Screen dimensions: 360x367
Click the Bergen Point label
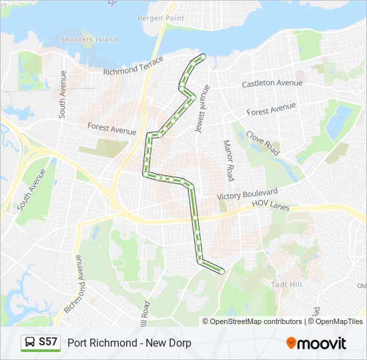[x=160, y=17]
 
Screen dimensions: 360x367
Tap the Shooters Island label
[x=89, y=39]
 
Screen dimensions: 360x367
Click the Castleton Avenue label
[x=272, y=83]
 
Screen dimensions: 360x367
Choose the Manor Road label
[x=228, y=160]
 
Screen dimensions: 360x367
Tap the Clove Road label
[x=262, y=141]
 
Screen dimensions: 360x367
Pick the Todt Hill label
[x=288, y=284]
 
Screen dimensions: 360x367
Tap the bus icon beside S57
[x=31, y=343]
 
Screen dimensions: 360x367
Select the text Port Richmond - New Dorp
[x=129, y=343]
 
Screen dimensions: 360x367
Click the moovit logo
[x=316, y=343]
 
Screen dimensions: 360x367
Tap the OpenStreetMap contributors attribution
[x=256, y=321]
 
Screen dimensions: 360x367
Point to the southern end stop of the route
[x=221, y=270]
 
